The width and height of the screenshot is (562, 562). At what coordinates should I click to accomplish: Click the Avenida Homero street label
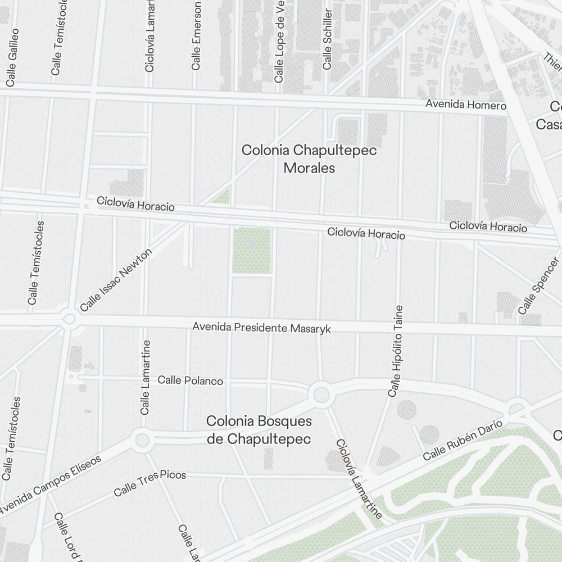pyautogui.click(x=465, y=105)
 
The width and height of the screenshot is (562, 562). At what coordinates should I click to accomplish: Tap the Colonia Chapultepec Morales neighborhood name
pyautogui.click(x=309, y=159)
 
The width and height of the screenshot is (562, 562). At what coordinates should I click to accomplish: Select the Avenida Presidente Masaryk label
pyautogui.click(x=261, y=327)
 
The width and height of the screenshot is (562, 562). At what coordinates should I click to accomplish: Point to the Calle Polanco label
pyautogui.click(x=190, y=380)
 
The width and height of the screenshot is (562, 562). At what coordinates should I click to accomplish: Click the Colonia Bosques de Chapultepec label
pyautogui.click(x=259, y=430)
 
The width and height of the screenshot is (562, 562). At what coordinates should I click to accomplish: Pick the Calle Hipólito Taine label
pyautogui.click(x=396, y=351)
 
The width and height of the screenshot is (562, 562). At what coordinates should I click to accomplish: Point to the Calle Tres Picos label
pyautogui.click(x=149, y=483)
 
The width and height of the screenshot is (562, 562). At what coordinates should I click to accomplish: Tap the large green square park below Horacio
pyautogui.click(x=251, y=251)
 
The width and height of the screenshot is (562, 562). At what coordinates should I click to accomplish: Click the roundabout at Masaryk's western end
pyautogui.click(x=69, y=319)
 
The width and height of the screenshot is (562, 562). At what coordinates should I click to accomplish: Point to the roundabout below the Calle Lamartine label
pyautogui.click(x=143, y=439)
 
